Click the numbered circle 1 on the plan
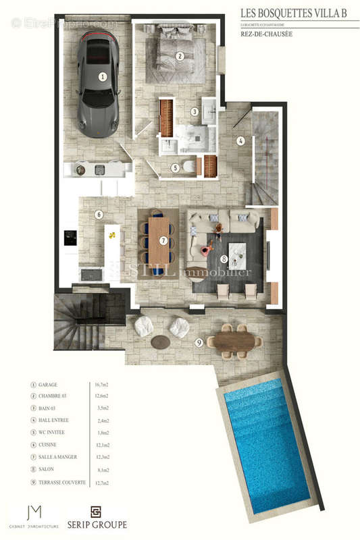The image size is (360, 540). [x=103, y=77]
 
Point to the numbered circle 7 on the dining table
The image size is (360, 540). [x=163, y=240]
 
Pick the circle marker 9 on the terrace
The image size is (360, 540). [x=199, y=343]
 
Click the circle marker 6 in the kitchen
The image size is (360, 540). [x=99, y=215]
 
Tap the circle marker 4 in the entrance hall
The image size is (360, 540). [x=240, y=141]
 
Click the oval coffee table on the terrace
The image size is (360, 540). [x=160, y=342]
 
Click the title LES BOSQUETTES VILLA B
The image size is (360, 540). [x=299, y=11]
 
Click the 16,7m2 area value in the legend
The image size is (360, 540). [x=100, y=384]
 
